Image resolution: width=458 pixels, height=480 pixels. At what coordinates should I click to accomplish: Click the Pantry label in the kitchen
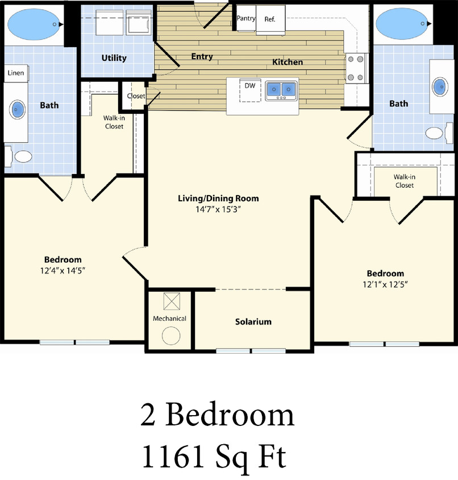246,19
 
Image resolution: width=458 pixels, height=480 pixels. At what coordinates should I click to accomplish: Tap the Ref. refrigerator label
270,19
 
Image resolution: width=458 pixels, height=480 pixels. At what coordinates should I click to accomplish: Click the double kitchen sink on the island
281,90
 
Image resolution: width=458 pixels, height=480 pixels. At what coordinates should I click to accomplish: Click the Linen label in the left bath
15,73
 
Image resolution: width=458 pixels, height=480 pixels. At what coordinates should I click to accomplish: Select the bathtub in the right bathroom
401,23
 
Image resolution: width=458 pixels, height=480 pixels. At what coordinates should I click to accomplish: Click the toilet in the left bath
23,156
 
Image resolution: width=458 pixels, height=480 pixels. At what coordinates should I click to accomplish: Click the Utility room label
114,58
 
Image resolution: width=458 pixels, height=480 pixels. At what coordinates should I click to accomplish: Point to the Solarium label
253,322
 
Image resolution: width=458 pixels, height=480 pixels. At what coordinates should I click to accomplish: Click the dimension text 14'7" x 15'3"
218,209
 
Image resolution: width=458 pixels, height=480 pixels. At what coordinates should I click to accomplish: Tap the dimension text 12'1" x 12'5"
385,284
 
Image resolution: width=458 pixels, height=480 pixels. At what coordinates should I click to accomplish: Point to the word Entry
202,56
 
